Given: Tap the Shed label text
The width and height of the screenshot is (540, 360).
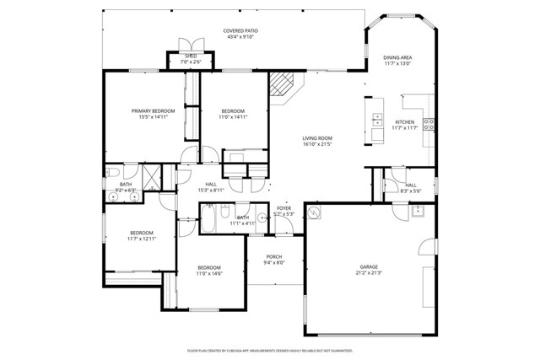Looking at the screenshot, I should click(x=190, y=56).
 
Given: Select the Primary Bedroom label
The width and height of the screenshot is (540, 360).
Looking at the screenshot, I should click(x=153, y=111).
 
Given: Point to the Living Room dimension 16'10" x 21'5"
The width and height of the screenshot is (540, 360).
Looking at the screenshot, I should click(x=317, y=144).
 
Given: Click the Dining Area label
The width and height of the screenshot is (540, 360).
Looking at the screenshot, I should click(x=397, y=57).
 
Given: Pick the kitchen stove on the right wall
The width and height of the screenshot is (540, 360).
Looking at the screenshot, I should click(x=429, y=125).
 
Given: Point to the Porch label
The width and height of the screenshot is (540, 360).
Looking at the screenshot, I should click(x=274, y=256).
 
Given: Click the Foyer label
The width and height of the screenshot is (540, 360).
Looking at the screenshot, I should click(x=283, y=207).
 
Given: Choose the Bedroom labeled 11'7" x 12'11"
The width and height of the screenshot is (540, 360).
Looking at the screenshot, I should click(x=141, y=234).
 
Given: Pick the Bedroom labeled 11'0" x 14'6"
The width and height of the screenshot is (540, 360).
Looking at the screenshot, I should click(x=208, y=267).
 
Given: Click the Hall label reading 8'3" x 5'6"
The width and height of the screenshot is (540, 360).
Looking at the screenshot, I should click(x=410, y=185).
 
